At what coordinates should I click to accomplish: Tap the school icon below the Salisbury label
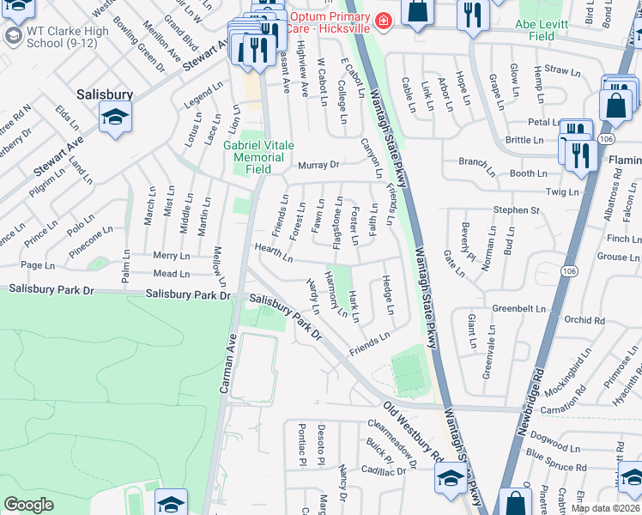coord(115,118)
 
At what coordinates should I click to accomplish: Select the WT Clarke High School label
coord(60,36)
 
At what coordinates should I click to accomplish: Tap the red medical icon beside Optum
coord(384,19)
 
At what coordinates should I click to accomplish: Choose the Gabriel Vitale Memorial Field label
coord(254,158)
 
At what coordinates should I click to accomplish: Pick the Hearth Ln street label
coord(274,254)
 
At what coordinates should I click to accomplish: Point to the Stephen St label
coord(515,209)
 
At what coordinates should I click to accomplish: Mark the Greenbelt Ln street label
coord(518,308)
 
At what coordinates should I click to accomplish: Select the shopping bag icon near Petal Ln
coord(615,106)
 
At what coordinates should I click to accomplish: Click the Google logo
coord(28,504)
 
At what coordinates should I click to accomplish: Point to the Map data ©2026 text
coord(606,508)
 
